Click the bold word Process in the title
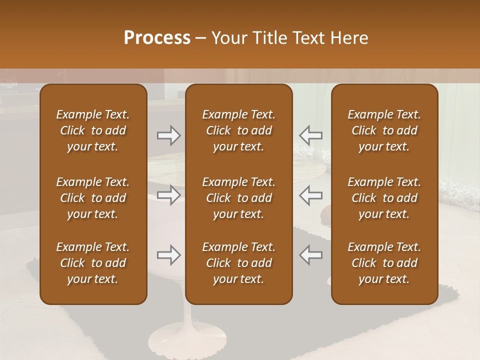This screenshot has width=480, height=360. (157, 38)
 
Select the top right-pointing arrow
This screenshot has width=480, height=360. (169, 135)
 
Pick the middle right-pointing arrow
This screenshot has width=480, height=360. (169, 195)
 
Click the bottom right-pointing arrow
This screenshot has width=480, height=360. (169, 255)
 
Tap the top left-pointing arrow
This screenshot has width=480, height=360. (311, 135)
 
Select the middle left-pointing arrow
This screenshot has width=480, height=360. (311, 195)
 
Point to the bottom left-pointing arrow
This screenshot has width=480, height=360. (311, 255)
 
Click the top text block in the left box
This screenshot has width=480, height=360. (93, 130)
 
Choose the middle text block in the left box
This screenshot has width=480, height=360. (93, 198)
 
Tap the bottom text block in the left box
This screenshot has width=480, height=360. (93, 263)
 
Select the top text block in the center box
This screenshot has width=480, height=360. (239, 130)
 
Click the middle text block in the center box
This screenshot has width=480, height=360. (239, 198)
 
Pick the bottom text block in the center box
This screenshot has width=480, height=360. (239, 263)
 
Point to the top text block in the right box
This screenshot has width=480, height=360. (384, 130)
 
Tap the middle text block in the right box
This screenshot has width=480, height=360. (384, 198)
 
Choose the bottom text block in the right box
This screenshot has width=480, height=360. (384, 263)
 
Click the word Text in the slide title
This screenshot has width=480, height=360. (308, 38)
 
